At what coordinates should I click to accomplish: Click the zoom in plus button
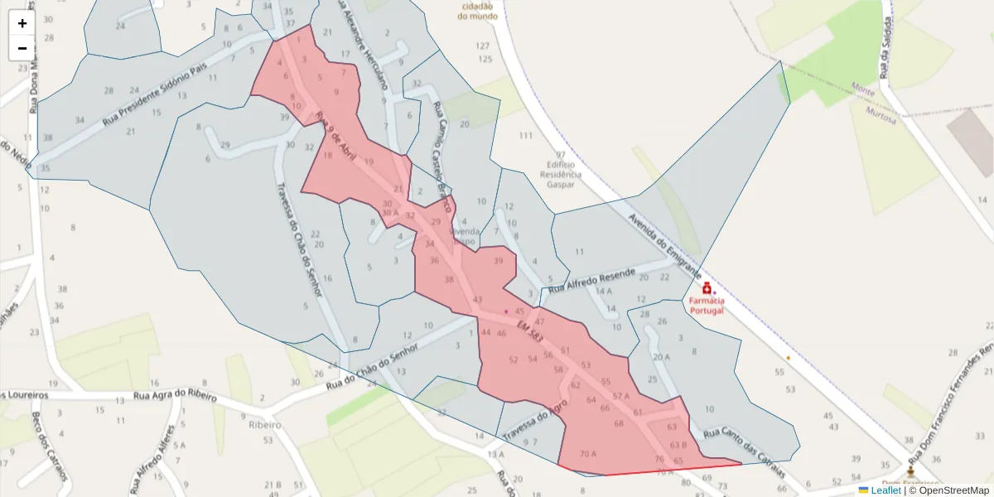[22, 23]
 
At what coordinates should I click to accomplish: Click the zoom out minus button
[22, 48]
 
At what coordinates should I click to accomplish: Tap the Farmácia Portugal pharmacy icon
[707, 288]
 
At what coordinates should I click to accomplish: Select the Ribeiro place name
[263, 424]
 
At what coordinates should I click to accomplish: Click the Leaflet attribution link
[885, 490]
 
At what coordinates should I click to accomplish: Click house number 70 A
[588, 454]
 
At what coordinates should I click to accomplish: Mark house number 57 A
[621, 396]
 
